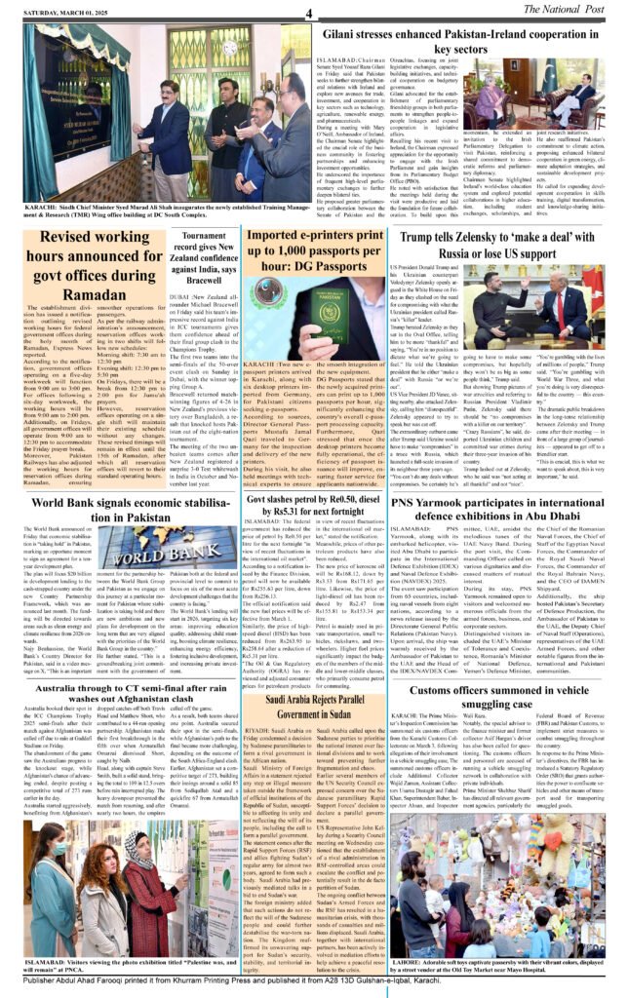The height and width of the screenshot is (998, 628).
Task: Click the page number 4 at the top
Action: [307, 12]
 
